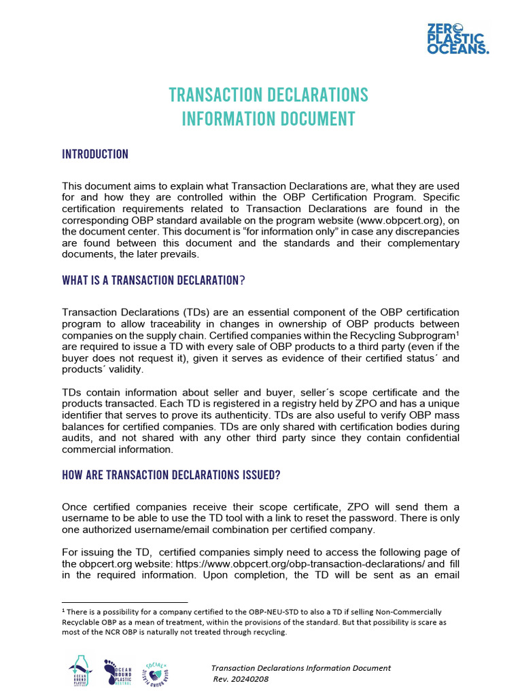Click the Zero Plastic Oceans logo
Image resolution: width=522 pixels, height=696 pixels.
coord(457,39)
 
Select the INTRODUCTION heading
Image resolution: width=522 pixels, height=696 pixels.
coord(95,154)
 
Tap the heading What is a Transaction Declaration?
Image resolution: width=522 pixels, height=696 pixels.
coord(152,281)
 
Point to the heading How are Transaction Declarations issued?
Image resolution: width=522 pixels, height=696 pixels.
coord(171,475)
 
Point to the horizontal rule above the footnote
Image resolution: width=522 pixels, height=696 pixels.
coord(124,602)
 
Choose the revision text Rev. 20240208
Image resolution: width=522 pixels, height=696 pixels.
coord(241,679)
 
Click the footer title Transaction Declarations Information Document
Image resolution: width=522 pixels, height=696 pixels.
coord(300,668)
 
